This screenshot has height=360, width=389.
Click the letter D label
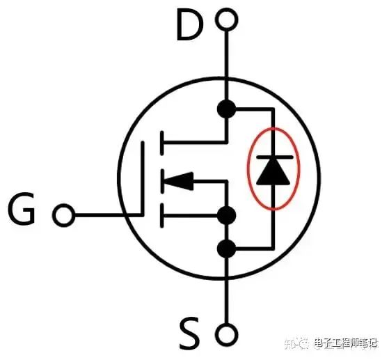click(x=190, y=25)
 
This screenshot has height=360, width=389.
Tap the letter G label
click(x=22, y=208)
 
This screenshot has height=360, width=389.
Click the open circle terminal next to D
click(x=226, y=19)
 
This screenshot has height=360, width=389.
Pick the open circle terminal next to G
click(x=64, y=215)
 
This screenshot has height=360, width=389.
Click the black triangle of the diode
click(x=273, y=172)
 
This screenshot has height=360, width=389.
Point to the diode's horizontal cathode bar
click(x=274, y=157)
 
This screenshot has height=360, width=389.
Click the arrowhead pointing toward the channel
click(x=179, y=181)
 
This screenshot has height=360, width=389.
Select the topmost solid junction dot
click(x=226, y=109)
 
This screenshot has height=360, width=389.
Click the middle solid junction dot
click(x=226, y=215)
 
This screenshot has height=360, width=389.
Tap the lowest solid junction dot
click(x=226, y=249)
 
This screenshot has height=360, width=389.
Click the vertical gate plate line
click(x=143, y=178)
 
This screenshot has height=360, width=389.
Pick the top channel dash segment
click(x=161, y=143)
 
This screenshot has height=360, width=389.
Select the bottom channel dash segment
click(x=161, y=215)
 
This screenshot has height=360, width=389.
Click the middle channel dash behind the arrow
click(x=161, y=181)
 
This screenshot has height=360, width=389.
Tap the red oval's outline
click(x=248, y=169)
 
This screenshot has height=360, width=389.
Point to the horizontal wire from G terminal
click(x=109, y=215)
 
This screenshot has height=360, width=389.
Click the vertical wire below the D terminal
click(x=226, y=65)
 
